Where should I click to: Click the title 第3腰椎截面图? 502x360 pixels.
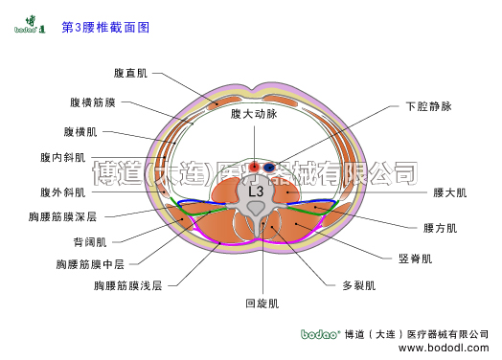105,29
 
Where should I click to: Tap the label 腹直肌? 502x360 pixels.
130,73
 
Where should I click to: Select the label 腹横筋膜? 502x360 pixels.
92,102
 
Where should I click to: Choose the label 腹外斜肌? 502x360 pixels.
62,191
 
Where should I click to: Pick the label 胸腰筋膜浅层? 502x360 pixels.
127,285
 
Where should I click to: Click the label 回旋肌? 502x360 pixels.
262,304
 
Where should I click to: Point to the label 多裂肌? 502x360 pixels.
359,285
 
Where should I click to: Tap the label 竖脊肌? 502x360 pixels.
415,259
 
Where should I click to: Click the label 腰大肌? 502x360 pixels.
449,193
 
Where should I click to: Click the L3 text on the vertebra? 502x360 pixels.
256,191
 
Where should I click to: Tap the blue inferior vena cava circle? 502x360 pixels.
270,168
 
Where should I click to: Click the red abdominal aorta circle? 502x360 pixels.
254,168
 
